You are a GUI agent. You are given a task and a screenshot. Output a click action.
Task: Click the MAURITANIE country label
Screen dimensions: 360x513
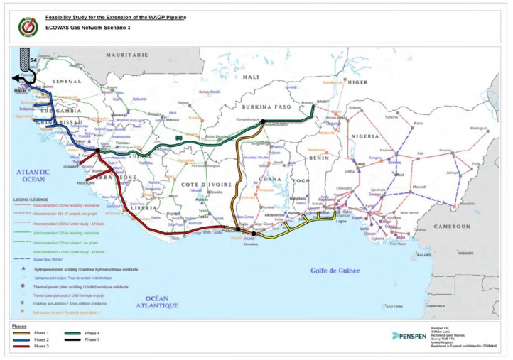[127, 55]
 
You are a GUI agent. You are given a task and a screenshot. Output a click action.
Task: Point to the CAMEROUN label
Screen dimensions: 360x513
[453, 226]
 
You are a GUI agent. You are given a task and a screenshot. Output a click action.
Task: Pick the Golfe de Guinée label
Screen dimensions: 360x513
[336, 270]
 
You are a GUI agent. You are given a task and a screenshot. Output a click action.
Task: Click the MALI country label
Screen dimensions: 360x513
[251, 77]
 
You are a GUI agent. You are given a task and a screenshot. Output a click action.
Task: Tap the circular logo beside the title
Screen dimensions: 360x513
[28, 26]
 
